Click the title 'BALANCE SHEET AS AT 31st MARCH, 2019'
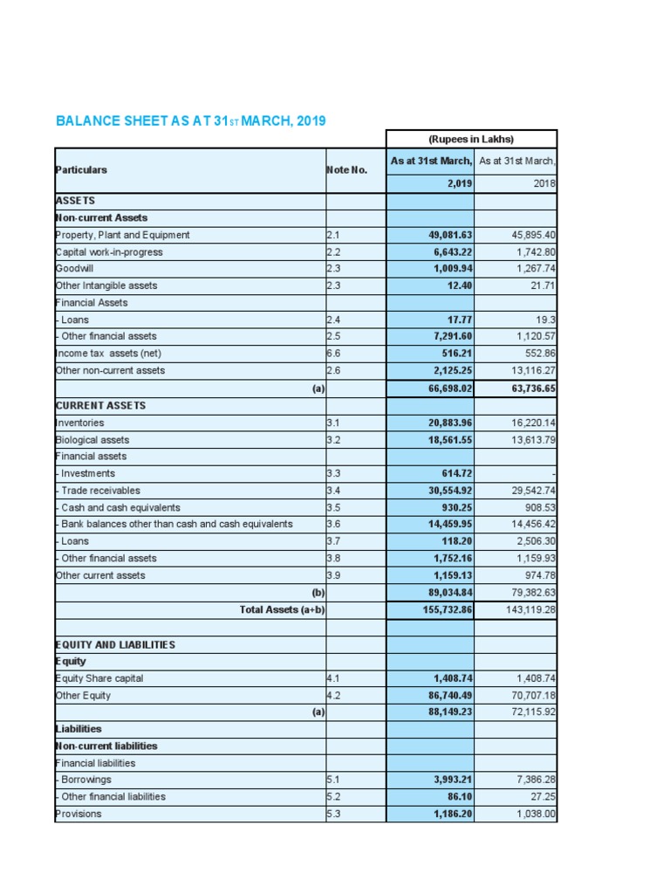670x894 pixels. pyautogui.click(x=190, y=120)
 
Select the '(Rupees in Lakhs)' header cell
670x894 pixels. pyautogui.click(x=471, y=139)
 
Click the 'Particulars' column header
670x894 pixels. pyautogui.click(x=81, y=169)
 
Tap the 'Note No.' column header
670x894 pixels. pyautogui.click(x=346, y=170)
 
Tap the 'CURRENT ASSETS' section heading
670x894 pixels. pyautogui.click(x=99, y=406)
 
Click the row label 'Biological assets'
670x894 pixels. pyautogui.click(x=92, y=440)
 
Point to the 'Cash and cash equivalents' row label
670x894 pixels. pyautogui.click(x=120, y=507)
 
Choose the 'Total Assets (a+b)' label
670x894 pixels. pyautogui.click(x=282, y=609)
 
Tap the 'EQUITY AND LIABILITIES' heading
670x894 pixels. pyautogui.click(x=114, y=644)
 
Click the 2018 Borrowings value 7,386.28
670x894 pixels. pyautogui.click(x=535, y=780)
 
